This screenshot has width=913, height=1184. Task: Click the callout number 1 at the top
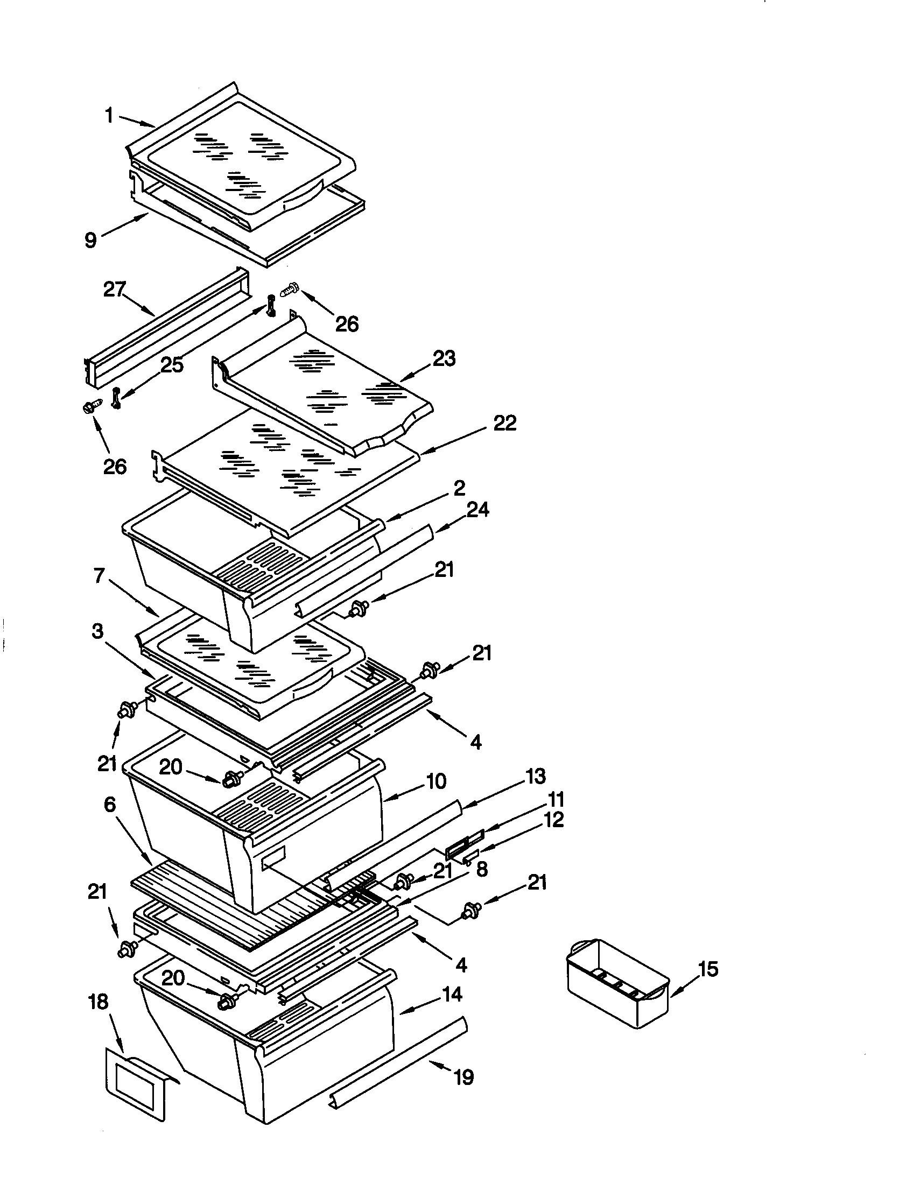click(109, 115)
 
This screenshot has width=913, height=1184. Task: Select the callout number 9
click(91, 239)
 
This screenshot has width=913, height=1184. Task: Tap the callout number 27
click(115, 290)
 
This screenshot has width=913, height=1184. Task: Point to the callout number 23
click(444, 358)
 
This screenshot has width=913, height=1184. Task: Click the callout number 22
click(504, 423)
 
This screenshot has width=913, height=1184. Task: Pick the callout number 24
click(477, 510)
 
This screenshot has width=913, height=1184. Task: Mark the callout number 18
click(98, 1003)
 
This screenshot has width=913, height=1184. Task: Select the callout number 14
click(452, 995)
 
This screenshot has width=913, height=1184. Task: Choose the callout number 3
click(97, 631)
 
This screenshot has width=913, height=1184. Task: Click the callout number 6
click(109, 805)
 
